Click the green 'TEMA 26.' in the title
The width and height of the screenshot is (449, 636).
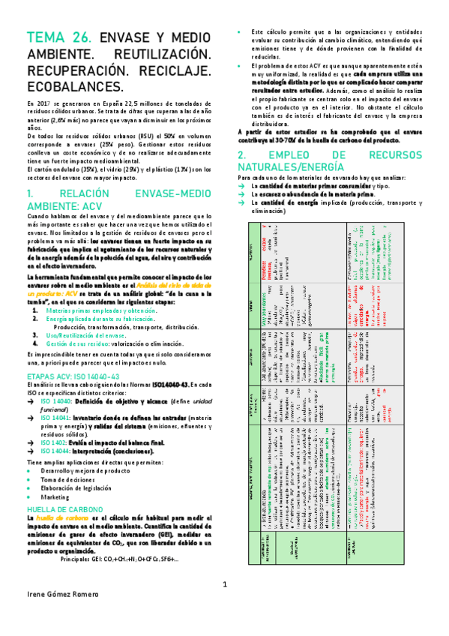tap(58, 37)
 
